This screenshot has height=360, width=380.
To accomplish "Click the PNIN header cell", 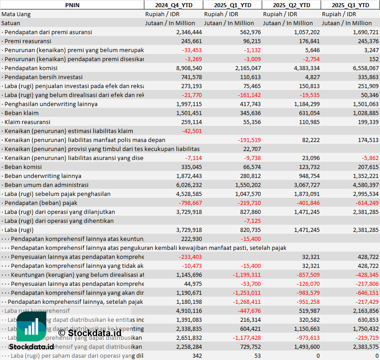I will click(x=72, y=5).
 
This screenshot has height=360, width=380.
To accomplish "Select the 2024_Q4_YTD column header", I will click(x=173, y=5).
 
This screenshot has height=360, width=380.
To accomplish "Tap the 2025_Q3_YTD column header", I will click(x=350, y=5).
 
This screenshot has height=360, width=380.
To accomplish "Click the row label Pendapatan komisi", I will click(x=27, y=68).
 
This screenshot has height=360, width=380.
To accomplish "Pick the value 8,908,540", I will click(x=189, y=68).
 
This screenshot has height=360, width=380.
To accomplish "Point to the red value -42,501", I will click(x=192, y=131).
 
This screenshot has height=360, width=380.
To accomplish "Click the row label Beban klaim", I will click(x=21, y=113).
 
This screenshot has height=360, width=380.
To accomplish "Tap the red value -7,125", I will click(x=252, y=221).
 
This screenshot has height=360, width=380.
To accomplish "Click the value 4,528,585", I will click(x=189, y=194).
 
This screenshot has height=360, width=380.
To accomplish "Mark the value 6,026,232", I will click(x=189, y=185).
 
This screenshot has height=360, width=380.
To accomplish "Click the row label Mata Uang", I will click(x=16, y=14).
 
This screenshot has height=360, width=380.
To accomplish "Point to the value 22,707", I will click(x=252, y=149).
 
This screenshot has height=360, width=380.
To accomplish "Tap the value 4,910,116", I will click(x=189, y=311).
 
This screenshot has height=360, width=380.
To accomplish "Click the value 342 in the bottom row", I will click(x=197, y=356).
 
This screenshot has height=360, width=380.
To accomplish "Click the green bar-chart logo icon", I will click(x=31, y=327).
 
